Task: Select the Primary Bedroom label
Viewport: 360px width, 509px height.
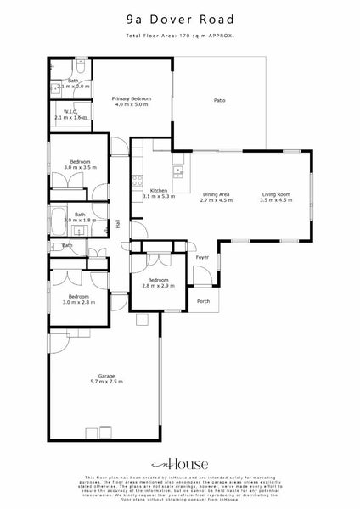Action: pos(132,99)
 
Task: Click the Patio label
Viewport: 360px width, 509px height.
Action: pos(219,101)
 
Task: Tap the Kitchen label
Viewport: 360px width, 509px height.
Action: pos(159,191)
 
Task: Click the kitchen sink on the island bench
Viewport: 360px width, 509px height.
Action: pos(178,171)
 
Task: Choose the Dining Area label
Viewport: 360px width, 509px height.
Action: pos(216,196)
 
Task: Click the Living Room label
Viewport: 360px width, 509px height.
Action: pos(275,196)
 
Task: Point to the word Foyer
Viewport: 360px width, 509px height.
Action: pos(202,255)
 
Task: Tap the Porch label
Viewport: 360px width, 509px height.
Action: pos(203,300)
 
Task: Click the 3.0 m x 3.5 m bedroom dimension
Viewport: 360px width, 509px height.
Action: pos(79,167)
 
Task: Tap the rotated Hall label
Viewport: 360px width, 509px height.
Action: pos(118,224)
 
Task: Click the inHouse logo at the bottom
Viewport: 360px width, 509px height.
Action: pos(179,465)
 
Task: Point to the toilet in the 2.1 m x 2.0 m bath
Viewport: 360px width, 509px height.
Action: pos(80,64)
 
